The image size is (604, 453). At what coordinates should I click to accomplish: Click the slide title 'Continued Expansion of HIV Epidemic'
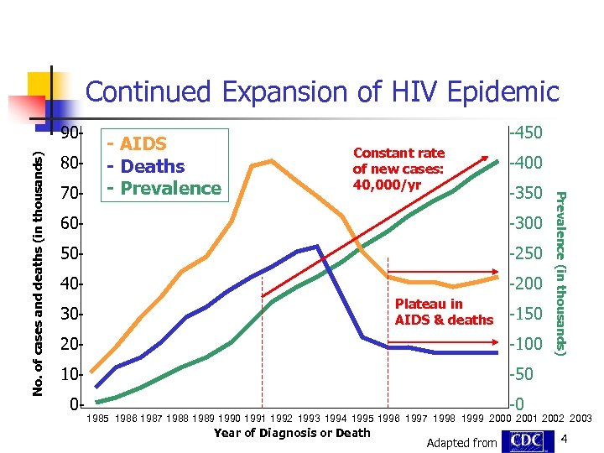coord(321,91)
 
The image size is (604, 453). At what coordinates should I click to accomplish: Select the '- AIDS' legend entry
coord(136,144)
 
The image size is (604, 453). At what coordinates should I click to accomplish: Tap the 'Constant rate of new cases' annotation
coord(398,169)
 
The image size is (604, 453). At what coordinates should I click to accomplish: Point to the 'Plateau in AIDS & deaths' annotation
coord(444,311)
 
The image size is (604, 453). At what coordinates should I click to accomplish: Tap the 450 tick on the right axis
coord(528,133)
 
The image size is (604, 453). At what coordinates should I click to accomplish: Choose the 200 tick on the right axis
coord(528,284)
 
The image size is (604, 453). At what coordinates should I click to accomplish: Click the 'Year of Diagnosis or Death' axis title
coord(292,433)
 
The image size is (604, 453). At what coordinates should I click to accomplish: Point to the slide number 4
coord(565,440)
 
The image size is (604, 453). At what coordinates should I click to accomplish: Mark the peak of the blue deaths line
coord(316,247)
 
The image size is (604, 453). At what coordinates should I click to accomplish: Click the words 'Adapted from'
coord(462,443)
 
